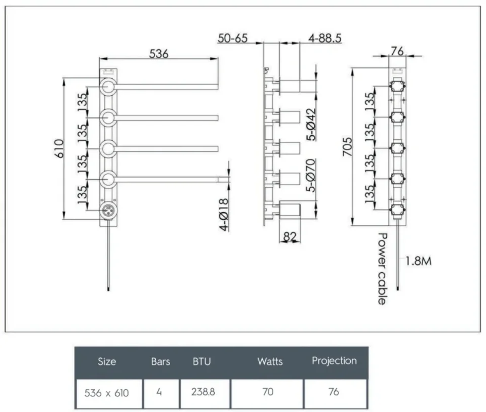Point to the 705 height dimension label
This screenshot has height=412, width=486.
coord(346,146)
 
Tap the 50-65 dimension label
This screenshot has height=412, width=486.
coord(232,38)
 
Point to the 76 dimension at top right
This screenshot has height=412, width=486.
coord(397,50)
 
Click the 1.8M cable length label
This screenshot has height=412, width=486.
coord(418,261)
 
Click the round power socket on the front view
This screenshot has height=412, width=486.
coord(108,211)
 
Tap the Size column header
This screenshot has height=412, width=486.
coord(107,361)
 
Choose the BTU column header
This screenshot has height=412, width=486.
coord(201,361)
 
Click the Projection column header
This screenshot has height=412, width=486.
coord(334,361)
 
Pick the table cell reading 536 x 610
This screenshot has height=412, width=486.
coord(107,392)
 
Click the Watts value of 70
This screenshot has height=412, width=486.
coord(267,392)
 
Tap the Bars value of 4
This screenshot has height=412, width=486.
coord(159,392)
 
